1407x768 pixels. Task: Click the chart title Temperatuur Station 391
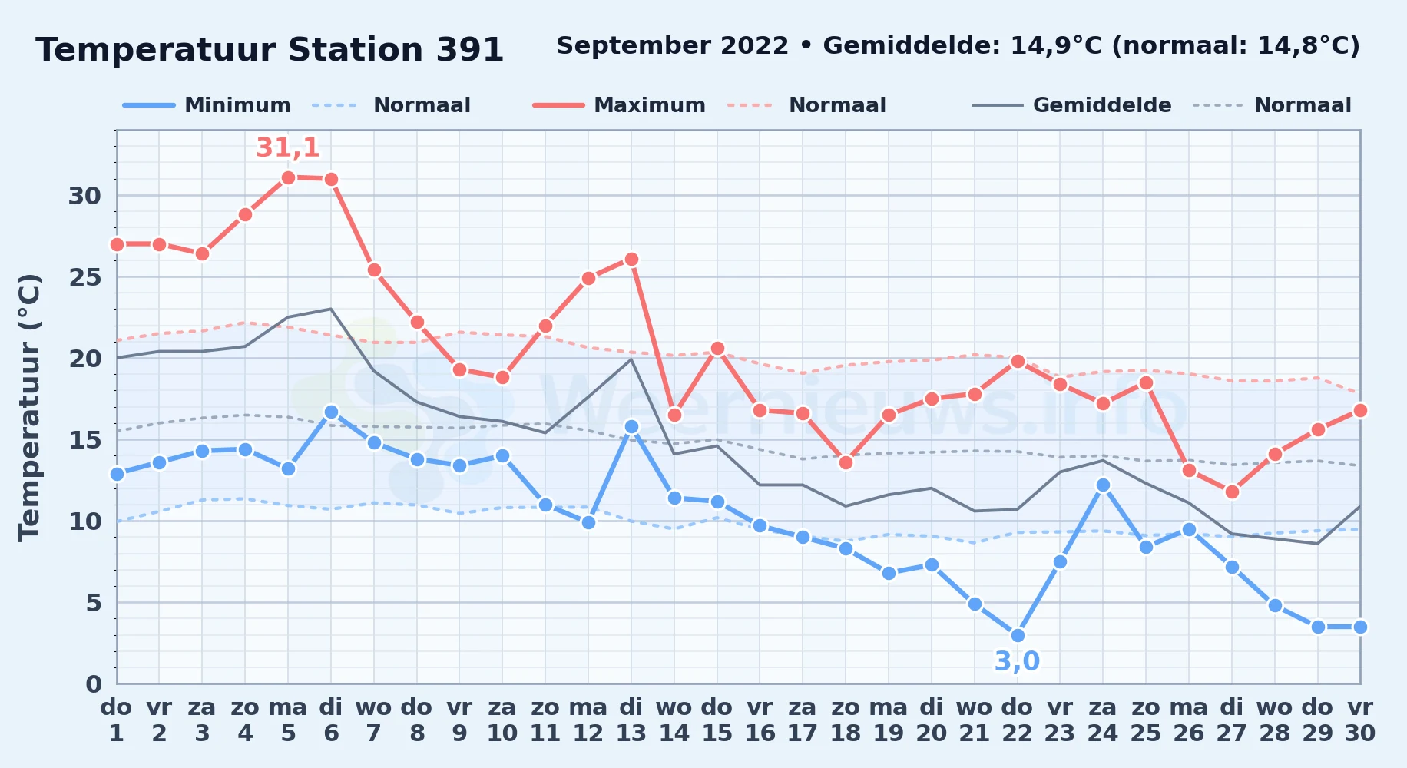pos(270,50)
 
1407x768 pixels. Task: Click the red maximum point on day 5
pos(288,178)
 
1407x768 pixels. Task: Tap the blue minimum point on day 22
pos(1018,635)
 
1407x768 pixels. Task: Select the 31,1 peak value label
pos(288,147)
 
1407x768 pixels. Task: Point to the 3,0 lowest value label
pos(1017,661)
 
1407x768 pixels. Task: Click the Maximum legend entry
pos(619,105)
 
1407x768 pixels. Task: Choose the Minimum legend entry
pos(207,105)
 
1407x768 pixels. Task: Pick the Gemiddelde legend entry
pos(1071,105)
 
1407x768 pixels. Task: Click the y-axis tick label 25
pos(85,277)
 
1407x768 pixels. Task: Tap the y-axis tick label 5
pos(94,603)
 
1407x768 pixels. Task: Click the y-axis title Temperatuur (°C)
pos(29,407)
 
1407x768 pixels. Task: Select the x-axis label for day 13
pos(631,720)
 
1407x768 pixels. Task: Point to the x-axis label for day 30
pos(1360,720)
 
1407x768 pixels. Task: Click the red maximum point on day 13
pos(631,260)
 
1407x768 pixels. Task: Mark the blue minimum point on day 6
pos(331,412)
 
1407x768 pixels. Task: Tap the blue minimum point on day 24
pos(1103,485)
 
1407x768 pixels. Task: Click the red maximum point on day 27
pos(1232,492)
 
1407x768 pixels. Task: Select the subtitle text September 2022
pos(673,46)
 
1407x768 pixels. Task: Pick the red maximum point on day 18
pos(846,462)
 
